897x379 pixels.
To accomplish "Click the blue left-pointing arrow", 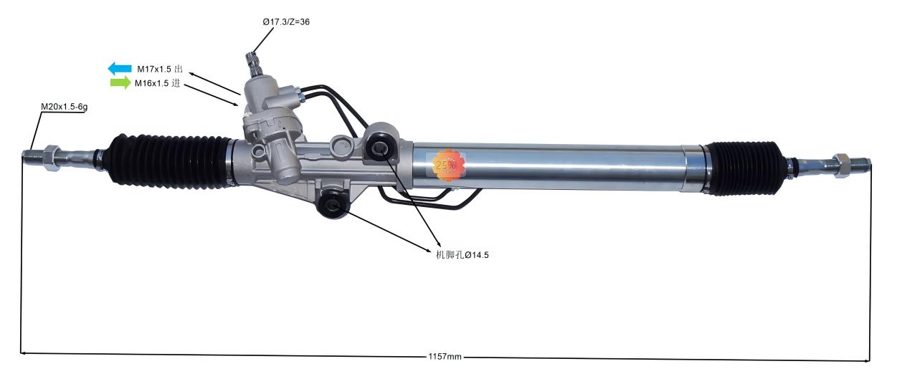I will point(119,69).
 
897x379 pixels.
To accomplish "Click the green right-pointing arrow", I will point(120,83).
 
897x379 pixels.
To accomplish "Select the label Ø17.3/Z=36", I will point(285,22).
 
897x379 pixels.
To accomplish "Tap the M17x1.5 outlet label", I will point(160,69).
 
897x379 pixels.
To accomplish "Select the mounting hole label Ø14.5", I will point(462,254).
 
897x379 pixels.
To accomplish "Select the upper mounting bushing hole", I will point(379,149).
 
